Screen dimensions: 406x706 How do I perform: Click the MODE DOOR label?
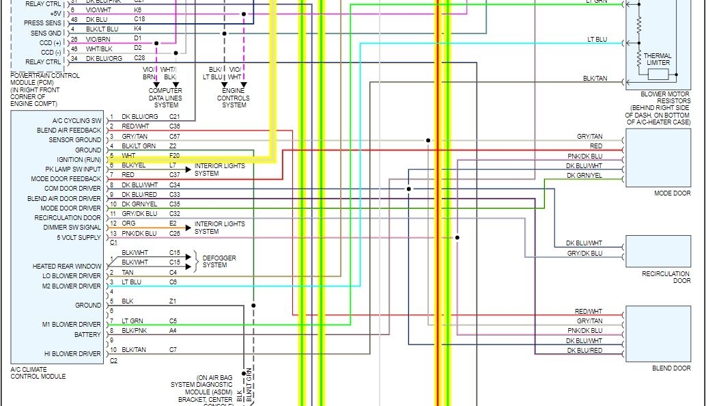click(672, 193)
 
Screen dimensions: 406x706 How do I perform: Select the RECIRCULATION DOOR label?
click(666, 277)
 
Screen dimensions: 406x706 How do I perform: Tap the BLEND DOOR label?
click(671, 368)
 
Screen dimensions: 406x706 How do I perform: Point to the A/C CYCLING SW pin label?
click(76, 120)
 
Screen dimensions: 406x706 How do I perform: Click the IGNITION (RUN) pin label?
click(79, 159)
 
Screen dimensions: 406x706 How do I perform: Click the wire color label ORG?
click(128, 224)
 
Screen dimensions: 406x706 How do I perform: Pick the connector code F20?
click(175, 156)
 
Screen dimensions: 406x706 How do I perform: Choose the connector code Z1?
click(173, 301)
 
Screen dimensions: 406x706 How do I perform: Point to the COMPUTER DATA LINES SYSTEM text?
click(165, 98)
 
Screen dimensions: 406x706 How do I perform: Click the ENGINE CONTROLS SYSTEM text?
click(234, 98)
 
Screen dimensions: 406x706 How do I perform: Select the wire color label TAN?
click(128, 273)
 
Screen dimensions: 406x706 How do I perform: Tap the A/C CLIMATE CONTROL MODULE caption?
click(38, 373)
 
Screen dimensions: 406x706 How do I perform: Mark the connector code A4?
click(173, 331)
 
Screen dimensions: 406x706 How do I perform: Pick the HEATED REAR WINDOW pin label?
click(67, 267)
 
